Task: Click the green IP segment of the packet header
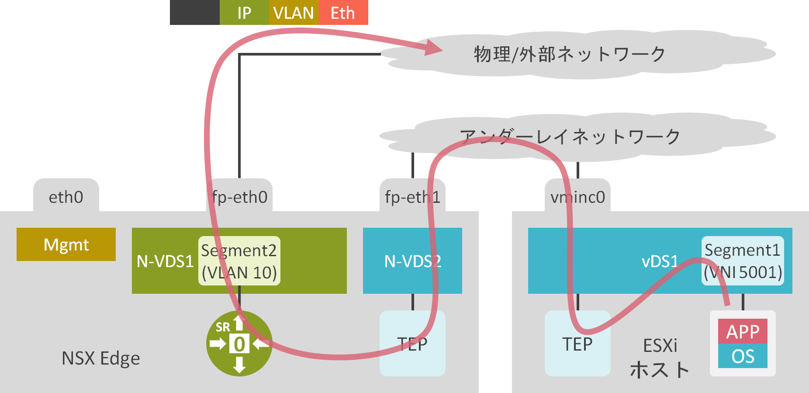(x=244, y=13)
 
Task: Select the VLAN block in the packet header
(x=294, y=13)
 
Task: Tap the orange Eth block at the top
(x=343, y=13)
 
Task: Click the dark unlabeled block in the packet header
(x=194, y=13)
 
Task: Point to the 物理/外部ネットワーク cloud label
(x=570, y=54)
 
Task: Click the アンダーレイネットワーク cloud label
(x=570, y=136)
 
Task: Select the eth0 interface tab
(x=66, y=197)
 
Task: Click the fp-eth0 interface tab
(x=239, y=197)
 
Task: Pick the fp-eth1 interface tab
(x=412, y=197)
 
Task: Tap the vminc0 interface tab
(x=577, y=197)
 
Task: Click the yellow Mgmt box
(x=66, y=244)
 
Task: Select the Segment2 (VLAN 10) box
(x=239, y=261)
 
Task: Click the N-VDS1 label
(x=165, y=261)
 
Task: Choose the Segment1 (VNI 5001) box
(x=743, y=261)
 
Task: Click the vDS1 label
(x=660, y=261)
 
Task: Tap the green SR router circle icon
(x=239, y=344)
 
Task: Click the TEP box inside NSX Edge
(x=412, y=344)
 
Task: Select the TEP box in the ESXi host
(x=577, y=344)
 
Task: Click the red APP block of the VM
(x=743, y=331)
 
